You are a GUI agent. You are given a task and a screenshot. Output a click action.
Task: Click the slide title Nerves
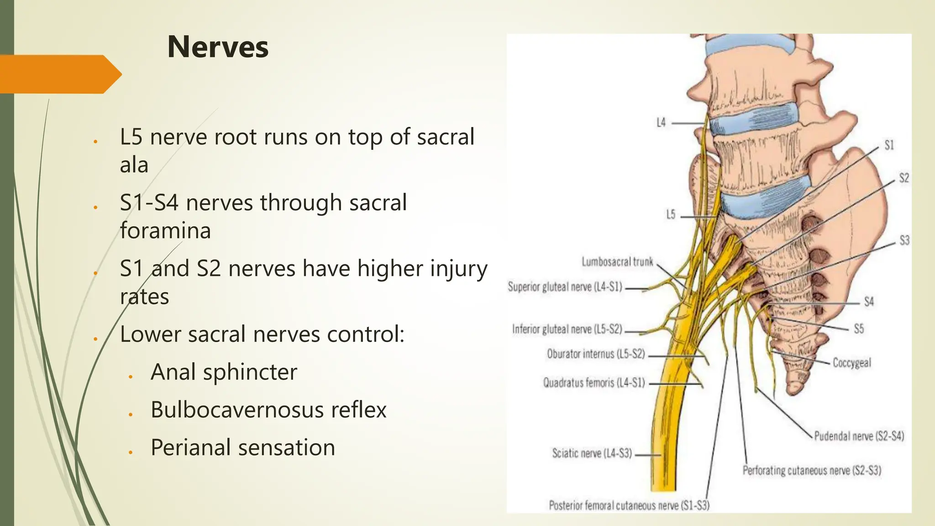click(218, 47)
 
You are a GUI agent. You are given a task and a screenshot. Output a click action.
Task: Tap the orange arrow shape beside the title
click(59, 74)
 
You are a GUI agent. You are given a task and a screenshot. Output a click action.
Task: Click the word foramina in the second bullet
click(165, 231)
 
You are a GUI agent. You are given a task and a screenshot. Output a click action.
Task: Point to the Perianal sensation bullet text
click(243, 447)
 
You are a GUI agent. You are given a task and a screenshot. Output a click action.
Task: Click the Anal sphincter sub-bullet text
click(224, 372)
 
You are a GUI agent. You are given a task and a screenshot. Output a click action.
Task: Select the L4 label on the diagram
click(661, 123)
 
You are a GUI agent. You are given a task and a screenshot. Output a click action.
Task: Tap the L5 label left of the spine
click(670, 215)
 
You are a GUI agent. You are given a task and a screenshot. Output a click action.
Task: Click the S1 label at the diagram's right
click(889, 145)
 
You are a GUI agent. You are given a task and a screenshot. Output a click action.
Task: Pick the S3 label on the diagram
click(904, 240)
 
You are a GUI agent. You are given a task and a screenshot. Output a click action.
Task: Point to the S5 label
click(859, 329)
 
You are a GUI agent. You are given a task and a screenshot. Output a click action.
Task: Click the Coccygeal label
click(852, 363)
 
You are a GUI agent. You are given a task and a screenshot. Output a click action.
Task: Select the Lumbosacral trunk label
click(617, 262)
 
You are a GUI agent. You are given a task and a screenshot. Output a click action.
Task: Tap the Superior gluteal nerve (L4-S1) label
click(565, 287)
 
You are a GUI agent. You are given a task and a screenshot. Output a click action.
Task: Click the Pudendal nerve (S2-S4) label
click(859, 436)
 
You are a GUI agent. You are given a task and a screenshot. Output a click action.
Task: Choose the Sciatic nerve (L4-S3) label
click(592, 453)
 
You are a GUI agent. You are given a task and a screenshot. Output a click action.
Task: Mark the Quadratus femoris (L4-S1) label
click(594, 383)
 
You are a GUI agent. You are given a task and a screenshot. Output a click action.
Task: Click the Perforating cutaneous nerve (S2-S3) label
click(811, 470)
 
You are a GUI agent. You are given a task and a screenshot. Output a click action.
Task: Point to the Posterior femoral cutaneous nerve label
click(629, 505)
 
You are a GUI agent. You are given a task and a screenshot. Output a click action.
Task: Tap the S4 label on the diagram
click(868, 302)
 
